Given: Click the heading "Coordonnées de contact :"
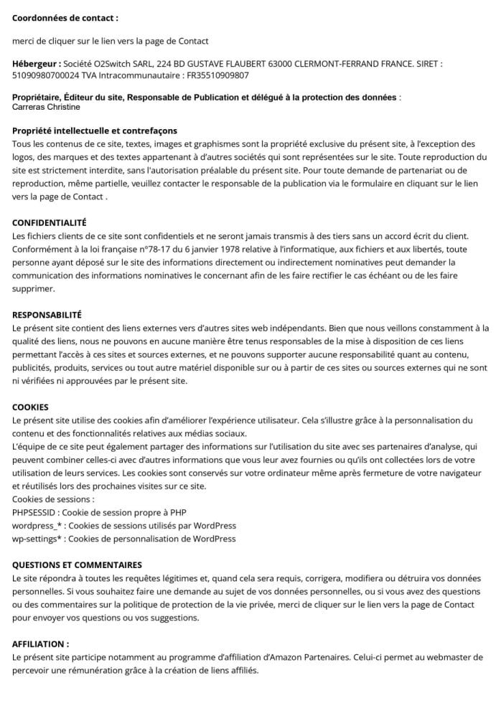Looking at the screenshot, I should tap(65, 17).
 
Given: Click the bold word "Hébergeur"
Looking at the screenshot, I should tap(35, 64).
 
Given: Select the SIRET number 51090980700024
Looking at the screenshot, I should tap(48, 75).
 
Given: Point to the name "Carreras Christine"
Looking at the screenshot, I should tap(47, 107).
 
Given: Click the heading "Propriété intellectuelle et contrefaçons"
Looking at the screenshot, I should tap(95, 131).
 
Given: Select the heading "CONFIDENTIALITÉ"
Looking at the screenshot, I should tap(50, 223).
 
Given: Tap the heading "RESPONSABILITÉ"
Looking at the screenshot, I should tap(47, 314).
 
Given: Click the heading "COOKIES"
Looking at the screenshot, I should tap(30, 407).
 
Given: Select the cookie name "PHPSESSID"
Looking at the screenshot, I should tap(37, 512).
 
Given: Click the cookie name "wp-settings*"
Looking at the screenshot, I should tap(38, 538).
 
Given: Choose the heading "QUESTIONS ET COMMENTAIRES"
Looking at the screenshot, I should tap(78, 565).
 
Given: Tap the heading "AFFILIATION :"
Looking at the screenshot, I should tap(41, 644).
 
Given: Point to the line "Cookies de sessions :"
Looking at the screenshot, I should tap(53, 499).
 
